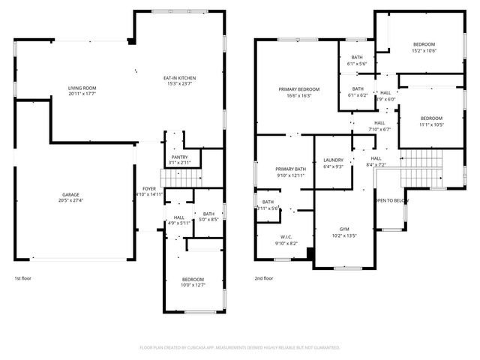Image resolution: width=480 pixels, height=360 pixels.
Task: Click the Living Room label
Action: click(x=82, y=88)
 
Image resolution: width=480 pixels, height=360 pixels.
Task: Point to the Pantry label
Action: click(x=179, y=157)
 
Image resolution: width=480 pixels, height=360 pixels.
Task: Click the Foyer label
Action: click(x=149, y=188)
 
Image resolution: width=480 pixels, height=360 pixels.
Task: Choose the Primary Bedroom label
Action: click(x=299, y=89)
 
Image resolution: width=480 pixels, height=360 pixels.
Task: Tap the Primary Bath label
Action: click(x=290, y=169)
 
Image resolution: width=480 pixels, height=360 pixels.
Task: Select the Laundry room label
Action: click(x=333, y=160)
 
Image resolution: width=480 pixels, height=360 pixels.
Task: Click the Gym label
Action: click(x=344, y=229)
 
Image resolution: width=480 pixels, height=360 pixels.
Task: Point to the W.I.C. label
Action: click(x=286, y=237)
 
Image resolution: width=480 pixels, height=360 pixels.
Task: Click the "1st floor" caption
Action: click(x=24, y=278)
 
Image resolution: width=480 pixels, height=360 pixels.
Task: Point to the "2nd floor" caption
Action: click(x=265, y=278)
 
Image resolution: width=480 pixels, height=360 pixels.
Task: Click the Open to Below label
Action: click(x=391, y=200)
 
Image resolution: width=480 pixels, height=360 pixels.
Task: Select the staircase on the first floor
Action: click(x=183, y=178)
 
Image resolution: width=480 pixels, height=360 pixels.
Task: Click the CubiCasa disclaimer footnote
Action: click(x=240, y=347)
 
